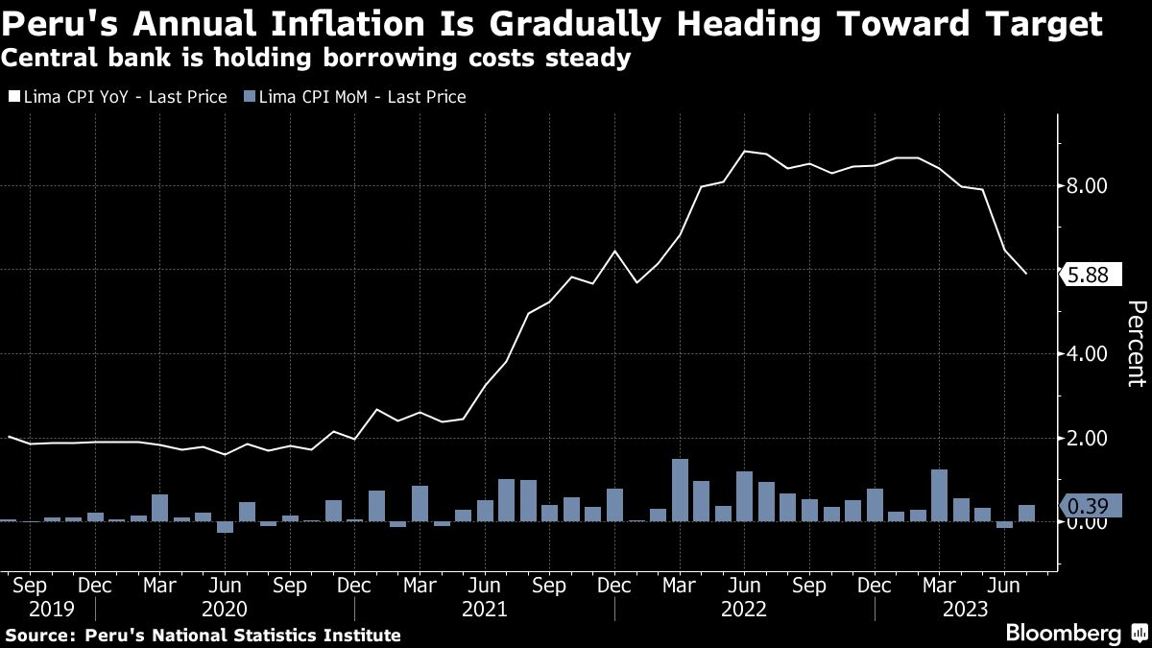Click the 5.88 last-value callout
click(x=1089, y=276)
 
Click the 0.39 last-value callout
click(x=1089, y=506)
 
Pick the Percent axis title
click(x=1135, y=344)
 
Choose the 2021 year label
click(x=484, y=610)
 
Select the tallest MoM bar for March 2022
click(x=680, y=490)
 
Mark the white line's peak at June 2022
click(x=744, y=152)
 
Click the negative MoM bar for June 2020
click(x=225, y=527)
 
